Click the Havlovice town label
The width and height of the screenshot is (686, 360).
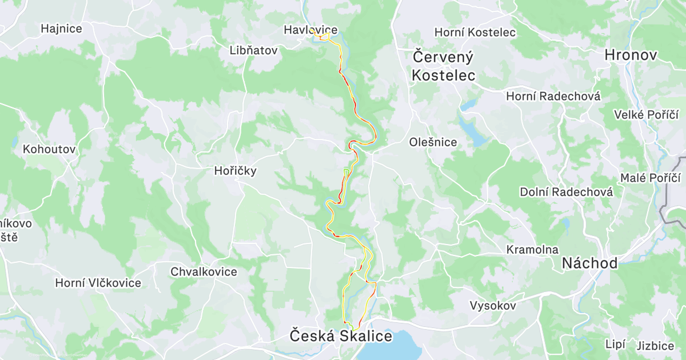[x=311, y=30]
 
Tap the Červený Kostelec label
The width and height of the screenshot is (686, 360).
[x=444, y=66]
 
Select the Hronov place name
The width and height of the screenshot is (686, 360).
[x=631, y=55]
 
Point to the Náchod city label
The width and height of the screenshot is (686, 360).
[x=589, y=263]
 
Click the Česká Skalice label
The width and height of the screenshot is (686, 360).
[x=341, y=335]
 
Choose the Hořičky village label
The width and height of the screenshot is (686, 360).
[x=235, y=170]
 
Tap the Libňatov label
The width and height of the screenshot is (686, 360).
[x=253, y=50]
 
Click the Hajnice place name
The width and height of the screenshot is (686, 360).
[x=61, y=28]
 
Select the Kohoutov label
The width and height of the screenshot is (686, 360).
[x=49, y=149]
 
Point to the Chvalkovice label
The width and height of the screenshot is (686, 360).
[x=204, y=271]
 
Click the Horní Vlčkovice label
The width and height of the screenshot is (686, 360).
[x=98, y=282]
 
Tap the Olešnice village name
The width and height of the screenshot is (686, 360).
[x=433, y=142]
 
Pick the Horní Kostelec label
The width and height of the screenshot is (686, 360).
[x=475, y=33]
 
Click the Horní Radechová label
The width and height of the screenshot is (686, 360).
[x=553, y=97]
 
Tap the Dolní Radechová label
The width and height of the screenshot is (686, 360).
[x=567, y=192]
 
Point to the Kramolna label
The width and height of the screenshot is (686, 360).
[x=532, y=250]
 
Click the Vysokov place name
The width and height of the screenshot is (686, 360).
[x=493, y=306]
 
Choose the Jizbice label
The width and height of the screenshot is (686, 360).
[x=655, y=346]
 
